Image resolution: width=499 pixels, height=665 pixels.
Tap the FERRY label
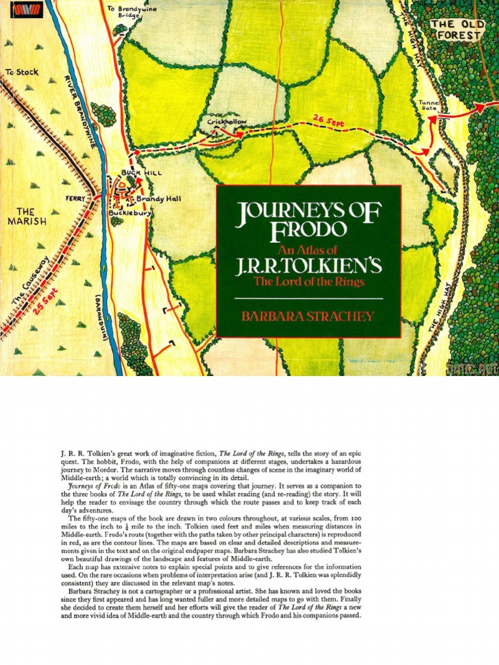77,198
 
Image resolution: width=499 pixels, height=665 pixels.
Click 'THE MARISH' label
27,216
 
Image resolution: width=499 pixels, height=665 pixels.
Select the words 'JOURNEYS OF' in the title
308,212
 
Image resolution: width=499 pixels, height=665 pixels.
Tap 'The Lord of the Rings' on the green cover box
309,282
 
